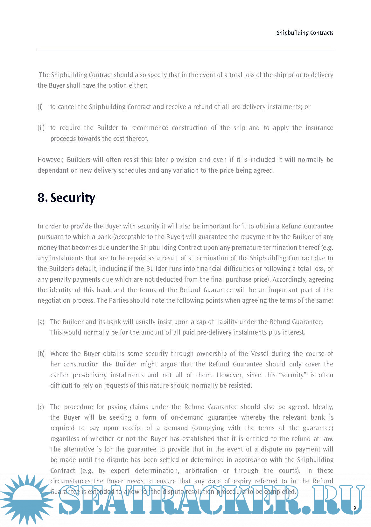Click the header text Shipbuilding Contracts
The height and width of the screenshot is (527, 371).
[305, 33]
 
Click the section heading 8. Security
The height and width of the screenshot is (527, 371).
[66, 198]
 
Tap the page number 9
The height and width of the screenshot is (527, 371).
[354, 508]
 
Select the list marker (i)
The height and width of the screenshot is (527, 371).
[40, 107]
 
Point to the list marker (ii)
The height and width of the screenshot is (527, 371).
[41, 128]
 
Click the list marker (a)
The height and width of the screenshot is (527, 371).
[41, 322]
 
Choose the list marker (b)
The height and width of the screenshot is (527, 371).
[41, 354]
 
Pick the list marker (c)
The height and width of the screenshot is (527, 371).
[41, 407]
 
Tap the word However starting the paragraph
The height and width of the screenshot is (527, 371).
[51, 160]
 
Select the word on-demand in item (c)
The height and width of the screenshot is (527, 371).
[187, 417]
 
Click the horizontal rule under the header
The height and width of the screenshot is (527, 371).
[186, 50]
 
